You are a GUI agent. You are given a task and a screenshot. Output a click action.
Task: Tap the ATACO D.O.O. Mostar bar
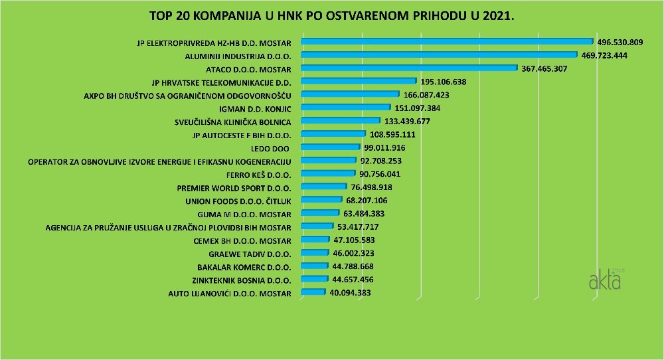coord(408,68)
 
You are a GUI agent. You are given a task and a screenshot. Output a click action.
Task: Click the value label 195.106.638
coord(444,82)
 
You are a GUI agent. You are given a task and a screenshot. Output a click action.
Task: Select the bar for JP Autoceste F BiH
coord(333,134)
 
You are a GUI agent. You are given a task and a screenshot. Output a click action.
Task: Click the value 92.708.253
coord(382,160)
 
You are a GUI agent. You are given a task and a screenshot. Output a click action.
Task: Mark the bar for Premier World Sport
coord(324,187)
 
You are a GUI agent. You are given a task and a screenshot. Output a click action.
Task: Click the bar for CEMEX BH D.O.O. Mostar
coord(315,239)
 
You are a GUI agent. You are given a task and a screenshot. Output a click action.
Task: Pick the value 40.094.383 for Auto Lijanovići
coord(351,292)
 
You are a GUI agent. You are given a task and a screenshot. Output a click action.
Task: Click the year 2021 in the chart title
coord(498,15)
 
